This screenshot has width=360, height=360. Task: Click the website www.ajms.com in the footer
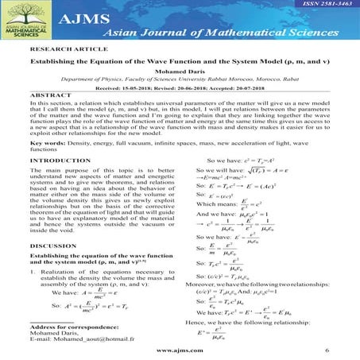coord(179,350)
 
